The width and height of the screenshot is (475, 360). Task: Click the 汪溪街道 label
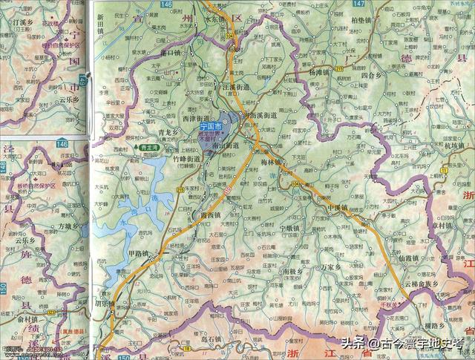coord(236,87)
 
